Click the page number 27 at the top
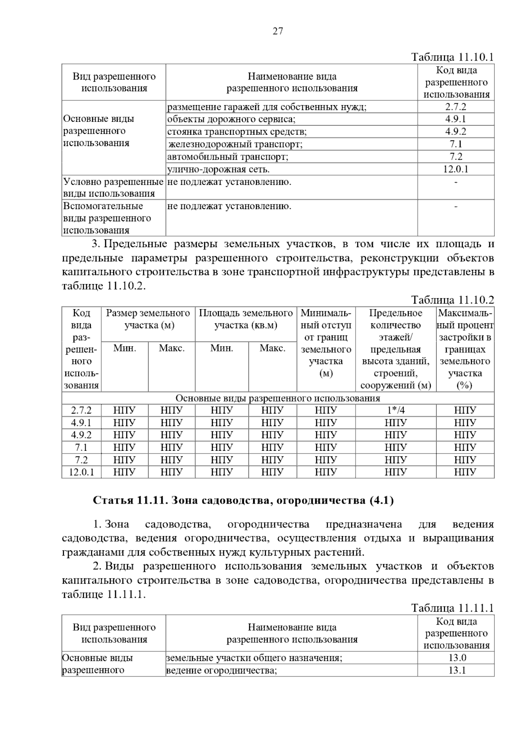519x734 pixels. point(278,31)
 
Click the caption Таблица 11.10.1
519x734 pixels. point(452,57)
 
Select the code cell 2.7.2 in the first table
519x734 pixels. point(456,107)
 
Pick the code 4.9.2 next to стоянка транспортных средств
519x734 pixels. point(456,132)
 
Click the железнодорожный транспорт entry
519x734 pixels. point(235,144)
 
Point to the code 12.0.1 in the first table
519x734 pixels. point(456,169)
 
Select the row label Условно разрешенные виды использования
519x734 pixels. point(113,188)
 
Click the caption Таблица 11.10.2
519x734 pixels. point(452,300)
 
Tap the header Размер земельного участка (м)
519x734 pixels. point(148,319)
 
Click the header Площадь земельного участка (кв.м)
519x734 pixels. point(246,319)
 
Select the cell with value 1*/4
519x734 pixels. point(395,410)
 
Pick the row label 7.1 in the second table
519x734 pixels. point(81,447)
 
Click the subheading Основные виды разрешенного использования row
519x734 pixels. point(278,398)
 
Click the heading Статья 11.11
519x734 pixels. point(243,501)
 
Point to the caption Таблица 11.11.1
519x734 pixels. point(452,608)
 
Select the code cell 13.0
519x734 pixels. point(456,658)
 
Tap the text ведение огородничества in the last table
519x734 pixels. point(221,670)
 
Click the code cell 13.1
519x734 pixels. point(456,670)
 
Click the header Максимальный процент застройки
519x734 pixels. point(465,349)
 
